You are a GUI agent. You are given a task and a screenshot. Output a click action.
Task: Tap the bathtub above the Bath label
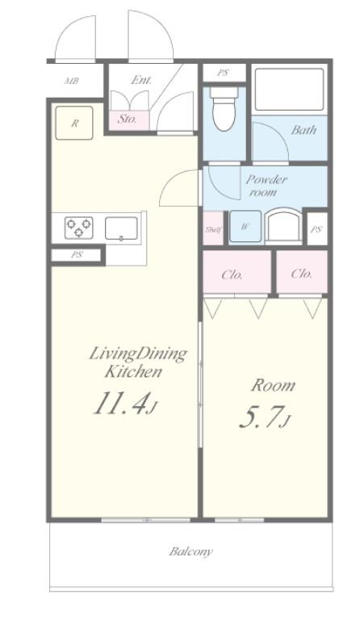coord(289,90)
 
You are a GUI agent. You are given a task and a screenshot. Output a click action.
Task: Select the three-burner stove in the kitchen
coord(79,228)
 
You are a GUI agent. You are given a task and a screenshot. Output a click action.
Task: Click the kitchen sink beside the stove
coord(121,228)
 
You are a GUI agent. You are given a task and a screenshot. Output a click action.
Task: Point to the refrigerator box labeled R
coord(74,123)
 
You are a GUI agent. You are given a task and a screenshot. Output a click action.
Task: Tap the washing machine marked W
coord(245,227)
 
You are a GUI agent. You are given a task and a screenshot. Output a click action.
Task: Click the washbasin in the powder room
coord(283,225)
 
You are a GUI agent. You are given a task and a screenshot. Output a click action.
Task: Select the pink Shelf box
coord(213,228)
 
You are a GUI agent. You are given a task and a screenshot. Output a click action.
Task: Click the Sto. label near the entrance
coord(128,119)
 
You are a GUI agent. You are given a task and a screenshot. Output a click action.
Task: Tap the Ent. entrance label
coord(141,80)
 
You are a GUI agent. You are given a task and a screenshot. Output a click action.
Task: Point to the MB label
coord(72,81)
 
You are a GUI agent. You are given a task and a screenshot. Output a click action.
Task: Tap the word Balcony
coord(191,551)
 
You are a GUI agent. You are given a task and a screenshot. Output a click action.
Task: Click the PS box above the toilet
coord(224,73)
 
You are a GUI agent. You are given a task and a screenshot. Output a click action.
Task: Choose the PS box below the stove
coord(77,255)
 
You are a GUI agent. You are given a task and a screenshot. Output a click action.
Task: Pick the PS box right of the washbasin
coord(316,228)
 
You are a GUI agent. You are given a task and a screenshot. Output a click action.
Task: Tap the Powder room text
coord(266,186)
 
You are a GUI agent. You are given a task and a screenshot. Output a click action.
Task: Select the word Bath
coord(303,130)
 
